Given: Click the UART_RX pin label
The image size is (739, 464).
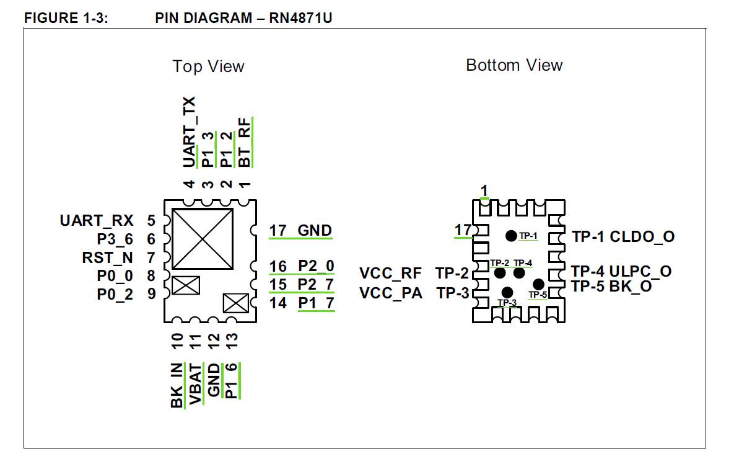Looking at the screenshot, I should tap(97, 220).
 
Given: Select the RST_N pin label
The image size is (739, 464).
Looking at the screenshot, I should tap(107, 257).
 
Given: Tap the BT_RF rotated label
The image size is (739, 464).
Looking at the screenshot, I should tap(245, 143).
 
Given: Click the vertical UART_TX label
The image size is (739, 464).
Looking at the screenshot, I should tap(190, 132).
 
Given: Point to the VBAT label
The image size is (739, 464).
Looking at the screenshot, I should tap(196, 385).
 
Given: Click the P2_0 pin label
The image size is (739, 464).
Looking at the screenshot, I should tap(316, 266).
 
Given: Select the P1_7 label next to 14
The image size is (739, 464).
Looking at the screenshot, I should tap(316, 303).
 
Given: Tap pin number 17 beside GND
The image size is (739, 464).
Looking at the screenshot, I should tap(278, 231).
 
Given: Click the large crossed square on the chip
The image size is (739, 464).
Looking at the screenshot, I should tap(203, 238).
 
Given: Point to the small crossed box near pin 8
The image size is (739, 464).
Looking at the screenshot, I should tap(186, 286).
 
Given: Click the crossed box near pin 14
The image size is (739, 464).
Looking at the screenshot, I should tap(235, 304).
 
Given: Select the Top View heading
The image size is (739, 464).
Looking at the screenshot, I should tap(208, 66).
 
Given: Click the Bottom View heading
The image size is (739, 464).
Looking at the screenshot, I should tap(514, 65).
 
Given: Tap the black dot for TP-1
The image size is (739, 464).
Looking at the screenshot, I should tap(511, 236).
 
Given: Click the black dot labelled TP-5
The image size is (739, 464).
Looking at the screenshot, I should tap(538, 285).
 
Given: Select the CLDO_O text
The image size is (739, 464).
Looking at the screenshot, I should tap(642, 236).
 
